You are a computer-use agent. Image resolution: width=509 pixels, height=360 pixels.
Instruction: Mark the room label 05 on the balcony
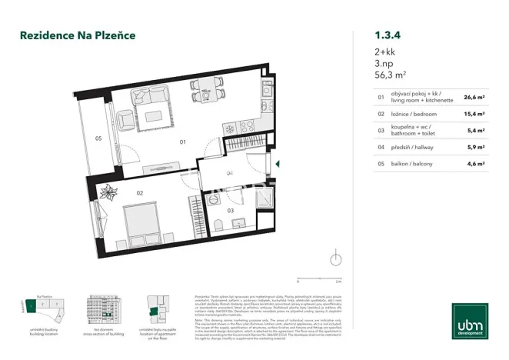pos(98,138)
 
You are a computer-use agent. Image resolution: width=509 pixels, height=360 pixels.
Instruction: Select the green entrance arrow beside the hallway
pos(278,163)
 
